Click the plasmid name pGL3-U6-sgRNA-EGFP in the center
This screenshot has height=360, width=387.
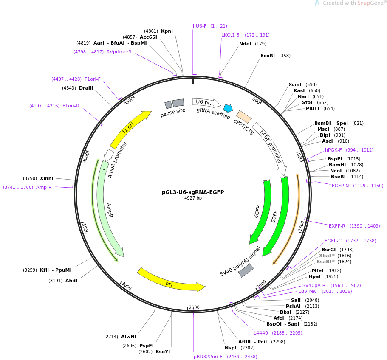pyautogui.click(x=193, y=192)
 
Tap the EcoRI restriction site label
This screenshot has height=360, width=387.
pyautogui.click(x=268, y=56)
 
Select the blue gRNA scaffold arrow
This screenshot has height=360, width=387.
pyautogui.click(x=228, y=108)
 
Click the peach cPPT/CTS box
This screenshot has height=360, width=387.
pyautogui.click(x=244, y=117)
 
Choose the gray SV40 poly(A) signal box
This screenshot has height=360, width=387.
pyautogui.click(x=246, y=270)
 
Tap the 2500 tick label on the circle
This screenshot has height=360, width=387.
pyautogui.click(x=194, y=307)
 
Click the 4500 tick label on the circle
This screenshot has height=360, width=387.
pyautogui.click(x=129, y=100)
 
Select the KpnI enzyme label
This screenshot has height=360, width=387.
pyautogui.click(x=167, y=31)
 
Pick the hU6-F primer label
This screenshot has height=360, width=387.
pyautogui.click(x=199, y=26)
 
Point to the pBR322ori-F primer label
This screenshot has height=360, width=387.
pyautogui.click(x=208, y=357)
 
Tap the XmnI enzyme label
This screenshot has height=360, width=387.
pyautogui.click(x=47, y=178)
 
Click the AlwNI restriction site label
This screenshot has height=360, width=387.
pyautogui.click(x=128, y=337)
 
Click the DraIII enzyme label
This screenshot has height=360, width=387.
pyautogui.click(x=86, y=88)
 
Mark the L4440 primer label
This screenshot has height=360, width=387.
pyautogui.click(x=261, y=333)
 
